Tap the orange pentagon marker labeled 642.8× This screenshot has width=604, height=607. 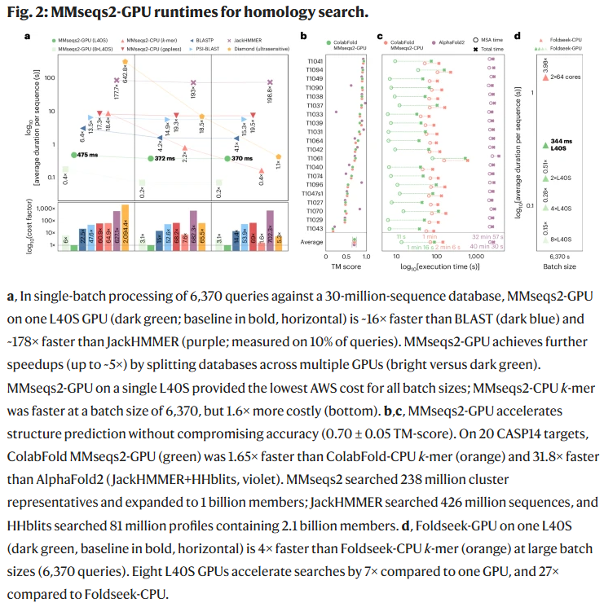pyautogui.click(x=125, y=62)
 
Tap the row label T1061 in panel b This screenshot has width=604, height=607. pyautogui.click(x=314, y=158)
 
